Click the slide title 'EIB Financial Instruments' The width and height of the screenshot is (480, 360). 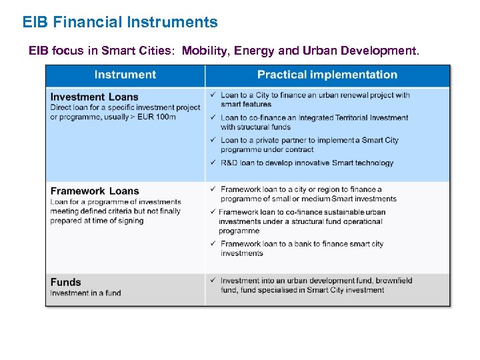pyautogui.click(x=120, y=22)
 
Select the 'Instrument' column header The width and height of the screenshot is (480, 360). pyautogui.click(x=125, y=75)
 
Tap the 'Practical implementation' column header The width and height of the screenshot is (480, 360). pyautogui.click(x=327, y=75)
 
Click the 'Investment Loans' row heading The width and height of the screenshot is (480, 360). pyautogui.click(x=94, y=97)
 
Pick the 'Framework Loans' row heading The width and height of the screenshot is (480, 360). pyautogui.click(x=95, y=191)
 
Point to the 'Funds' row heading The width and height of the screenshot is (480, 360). pyautogui.click(x=65, y=282)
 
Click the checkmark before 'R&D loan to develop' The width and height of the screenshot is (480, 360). pyautogui.click(x=213, y=162)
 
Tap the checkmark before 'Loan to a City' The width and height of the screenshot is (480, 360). pyautogui.click(x=213, y=95)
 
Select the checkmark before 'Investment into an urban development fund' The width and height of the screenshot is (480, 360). pyautogui.click(x=213, y=281)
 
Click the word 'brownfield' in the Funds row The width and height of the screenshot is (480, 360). pyautogui.click(x=393, y=281)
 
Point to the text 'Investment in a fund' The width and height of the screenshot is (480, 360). pyautogui.click(x=85, y=293)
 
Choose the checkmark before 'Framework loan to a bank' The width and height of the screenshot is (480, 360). pyautogui.click(x=213, y=244)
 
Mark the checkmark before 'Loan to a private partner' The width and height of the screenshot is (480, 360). pyautogui.click(x=213, y=140)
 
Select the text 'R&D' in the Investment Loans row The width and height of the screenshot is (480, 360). pyautogui.click(x=229, y=163)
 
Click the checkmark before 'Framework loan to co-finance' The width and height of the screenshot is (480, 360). pyautogui.click(x=213, y=212)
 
